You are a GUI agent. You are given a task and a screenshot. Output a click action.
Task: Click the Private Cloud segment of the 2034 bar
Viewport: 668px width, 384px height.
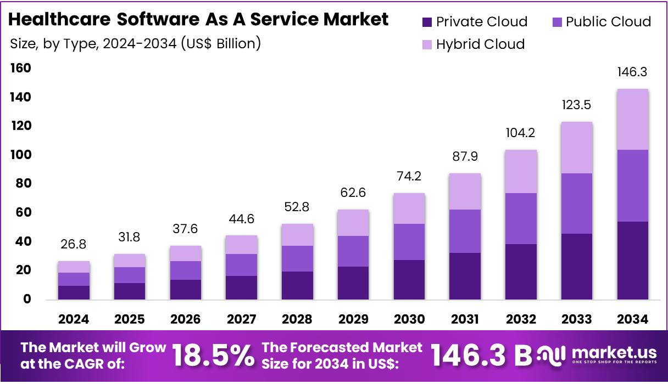(x=632, y=261)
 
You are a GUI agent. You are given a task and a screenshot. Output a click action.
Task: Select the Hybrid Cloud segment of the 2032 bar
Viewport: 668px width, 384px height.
(x=521, y=172)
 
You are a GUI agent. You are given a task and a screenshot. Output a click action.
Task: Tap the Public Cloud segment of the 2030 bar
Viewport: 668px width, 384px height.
(x=409, y=242)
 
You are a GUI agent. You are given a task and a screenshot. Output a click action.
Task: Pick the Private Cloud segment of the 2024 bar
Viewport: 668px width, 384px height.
(x=74, y=292)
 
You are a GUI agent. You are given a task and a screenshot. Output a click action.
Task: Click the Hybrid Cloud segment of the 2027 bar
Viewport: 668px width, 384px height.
(x=241, y=245)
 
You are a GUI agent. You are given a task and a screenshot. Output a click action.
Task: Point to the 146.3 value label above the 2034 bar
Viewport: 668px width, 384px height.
(x=632, y=72)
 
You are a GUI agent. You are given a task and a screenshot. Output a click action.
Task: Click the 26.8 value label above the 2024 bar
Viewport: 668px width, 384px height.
(x=74, y=244)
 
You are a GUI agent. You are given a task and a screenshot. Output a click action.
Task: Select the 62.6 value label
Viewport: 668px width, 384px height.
(x=353, y=193)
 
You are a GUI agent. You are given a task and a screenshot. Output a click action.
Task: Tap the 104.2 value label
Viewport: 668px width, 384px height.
(x=521, y=133)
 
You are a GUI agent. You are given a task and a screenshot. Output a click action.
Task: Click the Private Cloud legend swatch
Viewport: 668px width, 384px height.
(x=427, y=22)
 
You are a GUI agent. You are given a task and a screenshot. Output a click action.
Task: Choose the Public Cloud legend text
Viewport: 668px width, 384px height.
(x=608, y=22)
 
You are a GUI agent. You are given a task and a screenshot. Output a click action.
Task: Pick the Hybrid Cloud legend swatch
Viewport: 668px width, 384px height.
(x=427, y=44)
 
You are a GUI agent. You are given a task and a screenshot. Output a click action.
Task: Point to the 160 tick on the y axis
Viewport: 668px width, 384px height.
(x=20, y=68)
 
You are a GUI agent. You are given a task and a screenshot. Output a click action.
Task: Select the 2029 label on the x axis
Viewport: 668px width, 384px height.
(x=353, y=319)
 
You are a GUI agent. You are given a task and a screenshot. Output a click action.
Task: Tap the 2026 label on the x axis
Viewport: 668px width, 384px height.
(x=185, y=319)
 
